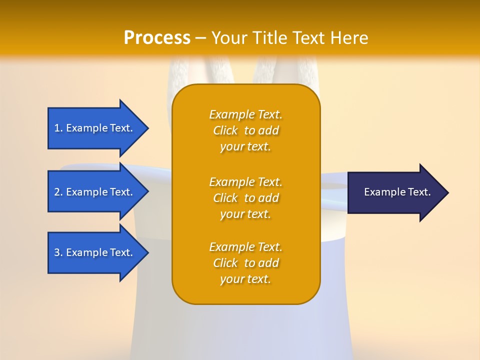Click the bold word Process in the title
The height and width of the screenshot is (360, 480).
[x=157, y=38]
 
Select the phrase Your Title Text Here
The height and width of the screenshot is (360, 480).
[x=290, y=38]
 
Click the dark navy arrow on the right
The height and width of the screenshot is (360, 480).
[x=395, y=192]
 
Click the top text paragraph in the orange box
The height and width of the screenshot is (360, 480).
[x=245, y=130]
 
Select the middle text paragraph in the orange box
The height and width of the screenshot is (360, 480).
[x=245, y=198]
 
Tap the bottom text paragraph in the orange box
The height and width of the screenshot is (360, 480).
[x=245, y=263]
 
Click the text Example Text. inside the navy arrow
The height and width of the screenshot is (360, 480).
[x=397, y=192]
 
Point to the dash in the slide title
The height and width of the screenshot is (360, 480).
[x=201, y=38]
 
